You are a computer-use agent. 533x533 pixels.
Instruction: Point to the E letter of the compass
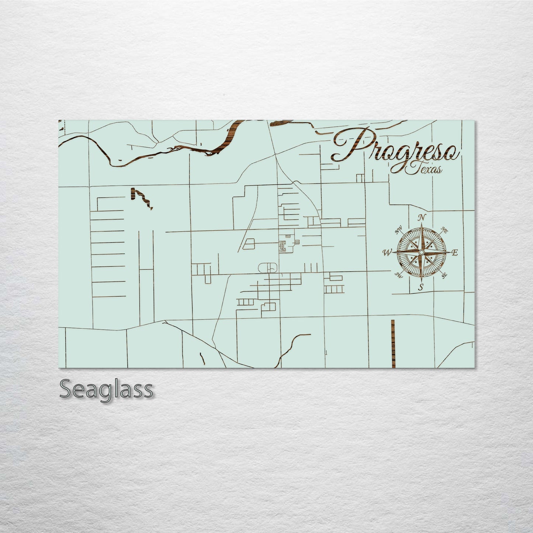(454, 253)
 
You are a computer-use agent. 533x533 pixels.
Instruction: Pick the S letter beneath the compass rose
(421, 287)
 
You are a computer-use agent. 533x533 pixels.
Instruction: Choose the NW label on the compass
(398, 231)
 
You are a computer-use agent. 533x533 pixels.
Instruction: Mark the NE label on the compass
(444, 231)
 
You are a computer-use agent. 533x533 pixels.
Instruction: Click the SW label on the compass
(398, 274)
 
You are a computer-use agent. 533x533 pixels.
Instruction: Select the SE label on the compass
(444, 275)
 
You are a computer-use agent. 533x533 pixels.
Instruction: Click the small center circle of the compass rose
(421, 252)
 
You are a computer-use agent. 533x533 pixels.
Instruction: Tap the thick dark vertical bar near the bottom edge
(393, 343)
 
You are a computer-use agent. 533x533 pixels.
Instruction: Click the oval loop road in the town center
(268, 267)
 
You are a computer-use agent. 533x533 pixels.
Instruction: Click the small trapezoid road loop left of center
(249, 244)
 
